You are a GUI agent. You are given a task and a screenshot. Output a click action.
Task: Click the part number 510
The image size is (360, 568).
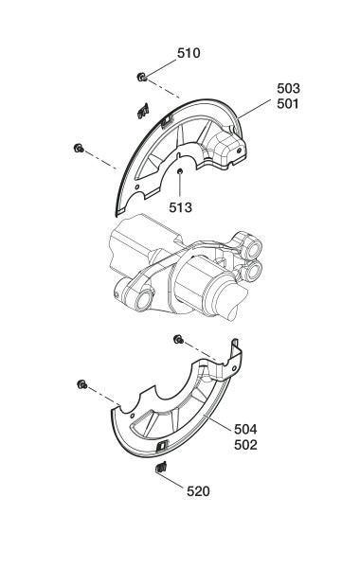point(189,53)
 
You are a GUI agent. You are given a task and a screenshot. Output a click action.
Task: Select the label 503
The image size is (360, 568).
point(288,88)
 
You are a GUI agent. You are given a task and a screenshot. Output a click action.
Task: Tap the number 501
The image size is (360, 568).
point(288,104)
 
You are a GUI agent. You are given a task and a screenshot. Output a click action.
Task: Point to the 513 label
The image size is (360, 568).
point(180,207)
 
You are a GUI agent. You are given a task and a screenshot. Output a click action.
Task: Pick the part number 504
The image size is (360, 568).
point(245,429)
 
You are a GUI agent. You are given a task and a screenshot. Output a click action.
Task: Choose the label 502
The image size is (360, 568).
point(245,445)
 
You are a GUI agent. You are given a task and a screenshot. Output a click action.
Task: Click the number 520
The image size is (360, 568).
point(198,491)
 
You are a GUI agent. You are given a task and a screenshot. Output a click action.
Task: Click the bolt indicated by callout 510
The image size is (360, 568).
point(142,77)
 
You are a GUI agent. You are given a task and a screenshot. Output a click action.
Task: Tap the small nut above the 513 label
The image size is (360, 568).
point(179,171)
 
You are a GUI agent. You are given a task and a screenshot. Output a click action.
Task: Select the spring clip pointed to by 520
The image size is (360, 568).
point(161,468)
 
